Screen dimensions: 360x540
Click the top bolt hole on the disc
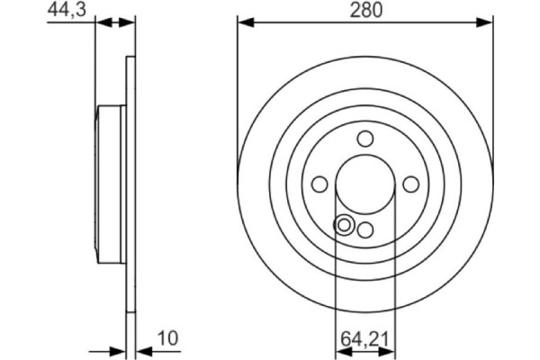[364, 139]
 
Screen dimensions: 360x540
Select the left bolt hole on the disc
[319, 184]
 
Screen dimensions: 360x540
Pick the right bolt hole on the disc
[411, 184]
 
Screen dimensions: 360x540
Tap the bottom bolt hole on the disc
[364, 229]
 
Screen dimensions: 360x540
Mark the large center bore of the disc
[364, 184]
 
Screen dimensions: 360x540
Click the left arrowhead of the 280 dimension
[243, 22]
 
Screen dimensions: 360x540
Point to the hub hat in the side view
[111, 184]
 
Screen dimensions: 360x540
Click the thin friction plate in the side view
[130, 184]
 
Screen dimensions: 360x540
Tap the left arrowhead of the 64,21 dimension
[339, 350]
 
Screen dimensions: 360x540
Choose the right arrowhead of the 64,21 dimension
[390, 350]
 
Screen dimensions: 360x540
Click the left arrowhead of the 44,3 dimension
[100, 22]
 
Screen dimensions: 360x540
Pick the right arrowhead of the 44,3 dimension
[130, 22]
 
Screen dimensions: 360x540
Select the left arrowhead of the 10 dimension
[120, 350]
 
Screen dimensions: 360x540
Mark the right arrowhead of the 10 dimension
[141, 350]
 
